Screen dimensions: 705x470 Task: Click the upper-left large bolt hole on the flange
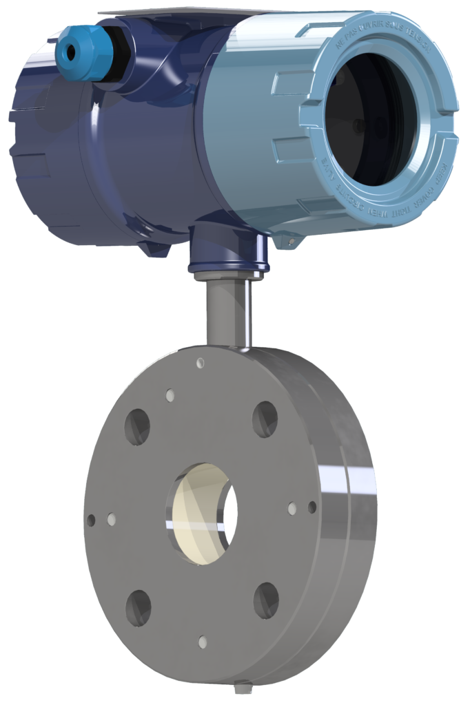click(137, 426)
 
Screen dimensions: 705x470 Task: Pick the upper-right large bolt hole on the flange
click(265, 418)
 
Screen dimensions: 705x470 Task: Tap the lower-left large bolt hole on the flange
click(138, 607)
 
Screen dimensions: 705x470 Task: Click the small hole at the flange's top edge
click(201, 363)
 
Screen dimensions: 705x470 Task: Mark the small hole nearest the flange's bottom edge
click(203, 642)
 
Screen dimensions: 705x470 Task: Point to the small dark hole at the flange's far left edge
click(90, 520)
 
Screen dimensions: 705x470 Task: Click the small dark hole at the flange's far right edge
click(312, 507)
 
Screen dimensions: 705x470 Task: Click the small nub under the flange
click(241, 688)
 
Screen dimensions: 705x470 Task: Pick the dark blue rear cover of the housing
click(48, 151)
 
